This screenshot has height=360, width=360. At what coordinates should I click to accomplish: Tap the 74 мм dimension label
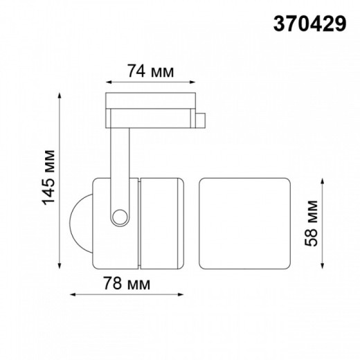(150, 71)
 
